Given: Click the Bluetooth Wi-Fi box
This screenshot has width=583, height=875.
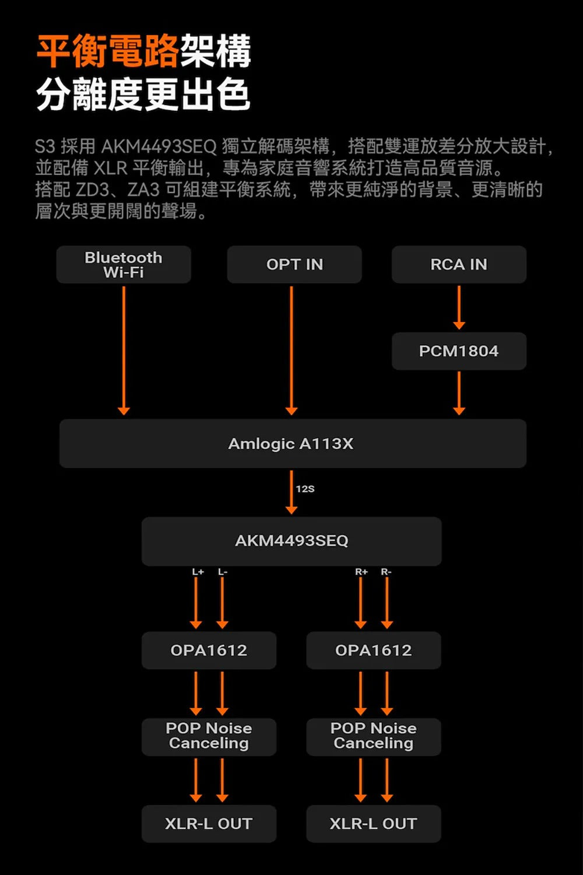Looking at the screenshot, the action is coord(124,264).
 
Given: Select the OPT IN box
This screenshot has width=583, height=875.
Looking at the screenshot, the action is coord(294,264).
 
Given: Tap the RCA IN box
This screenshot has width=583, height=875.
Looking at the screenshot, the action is coord(459,264).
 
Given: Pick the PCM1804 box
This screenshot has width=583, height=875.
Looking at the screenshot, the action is coord(459,351).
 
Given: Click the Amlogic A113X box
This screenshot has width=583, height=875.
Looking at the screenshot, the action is coord(293,443).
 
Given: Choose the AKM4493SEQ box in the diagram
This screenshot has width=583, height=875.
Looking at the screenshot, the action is coord(291,541).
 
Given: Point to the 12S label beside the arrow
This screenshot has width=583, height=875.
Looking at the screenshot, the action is coord(305,489).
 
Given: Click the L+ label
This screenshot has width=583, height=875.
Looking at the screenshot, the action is coord(198,572).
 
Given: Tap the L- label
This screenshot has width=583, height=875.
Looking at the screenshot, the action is coord(223,572).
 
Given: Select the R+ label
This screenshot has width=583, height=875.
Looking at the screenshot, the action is coord(361,572).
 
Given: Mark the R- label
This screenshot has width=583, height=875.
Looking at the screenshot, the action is coord(386,572).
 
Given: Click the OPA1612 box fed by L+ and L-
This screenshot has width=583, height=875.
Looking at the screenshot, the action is coord(209,650).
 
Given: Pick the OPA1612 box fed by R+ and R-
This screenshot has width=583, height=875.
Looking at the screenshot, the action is coord(374,650).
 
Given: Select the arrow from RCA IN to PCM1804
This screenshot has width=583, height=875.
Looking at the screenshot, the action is coord(459,307).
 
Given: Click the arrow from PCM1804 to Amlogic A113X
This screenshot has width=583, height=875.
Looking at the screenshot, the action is coord(459,393).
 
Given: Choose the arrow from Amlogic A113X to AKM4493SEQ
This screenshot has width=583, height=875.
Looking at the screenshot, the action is coord(291,492).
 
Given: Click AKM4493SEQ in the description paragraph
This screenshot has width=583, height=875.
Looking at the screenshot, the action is coord(159,146).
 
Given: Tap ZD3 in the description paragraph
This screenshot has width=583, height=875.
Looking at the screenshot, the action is coord(92,190).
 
